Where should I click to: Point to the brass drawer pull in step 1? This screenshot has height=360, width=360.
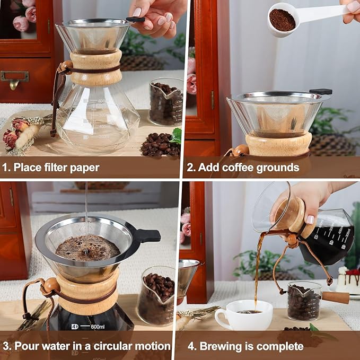pos(14,79)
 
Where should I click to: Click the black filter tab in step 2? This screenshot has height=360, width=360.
pos(321,92)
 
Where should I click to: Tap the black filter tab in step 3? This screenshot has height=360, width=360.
pos(148,235)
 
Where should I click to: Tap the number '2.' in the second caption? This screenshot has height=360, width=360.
pos(191,168)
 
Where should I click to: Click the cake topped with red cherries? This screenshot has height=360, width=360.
pos(349,282)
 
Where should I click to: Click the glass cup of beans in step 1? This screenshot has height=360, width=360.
pos(165,102)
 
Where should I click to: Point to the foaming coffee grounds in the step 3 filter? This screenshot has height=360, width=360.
pos(87,248)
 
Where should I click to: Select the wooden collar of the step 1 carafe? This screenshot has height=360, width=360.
pos(95,68)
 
